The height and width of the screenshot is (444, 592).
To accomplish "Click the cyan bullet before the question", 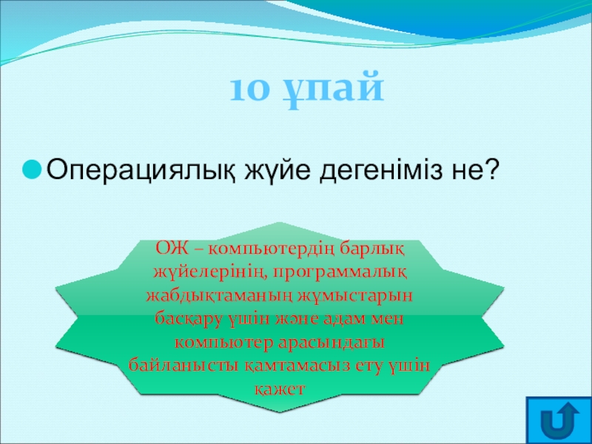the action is pyautogui.click(x=32, y=170).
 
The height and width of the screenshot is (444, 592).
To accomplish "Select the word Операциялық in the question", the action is pyautogui.click(x=141, y=171).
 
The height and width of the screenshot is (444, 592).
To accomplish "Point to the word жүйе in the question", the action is pyautogui.click(x=279, y=171).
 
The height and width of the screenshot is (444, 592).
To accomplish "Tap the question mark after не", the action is pyautogui.click(x=489, y=169).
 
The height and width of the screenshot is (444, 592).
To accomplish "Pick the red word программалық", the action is pyautogui.click(x=340, y=273).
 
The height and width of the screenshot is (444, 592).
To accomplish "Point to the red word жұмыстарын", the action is pyautogui.click(x=355, y=297).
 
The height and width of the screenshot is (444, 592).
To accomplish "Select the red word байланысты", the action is pyautogui.click(x=183, y=366).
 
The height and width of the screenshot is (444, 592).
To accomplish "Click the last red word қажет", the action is pyautogui.click(x=280, y=389).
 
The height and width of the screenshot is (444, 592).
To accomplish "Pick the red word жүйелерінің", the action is pyautogui.click(x=209, y=273).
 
